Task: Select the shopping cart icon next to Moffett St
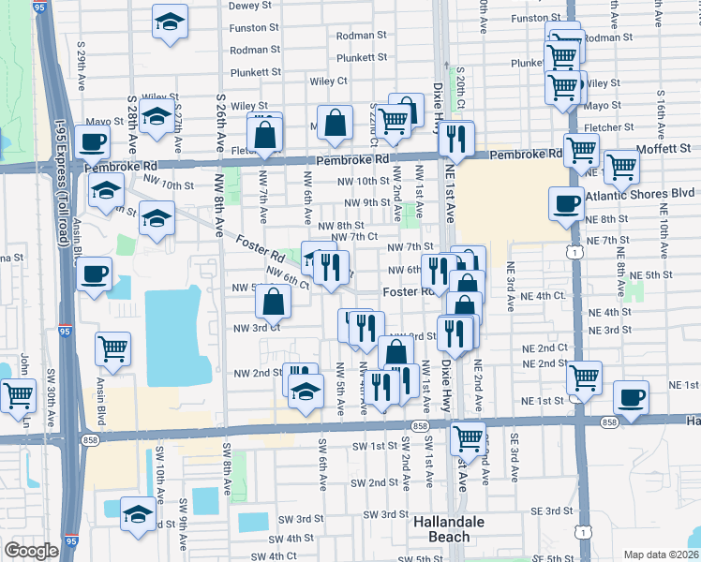pyautogui.click(x=622, y=167)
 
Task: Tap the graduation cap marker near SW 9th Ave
pyautogui.click(x=139, y=514)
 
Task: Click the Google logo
pyautogui.click(x=31, y=551)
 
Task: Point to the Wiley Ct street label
pyautogui.click(x=329, y=81)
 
